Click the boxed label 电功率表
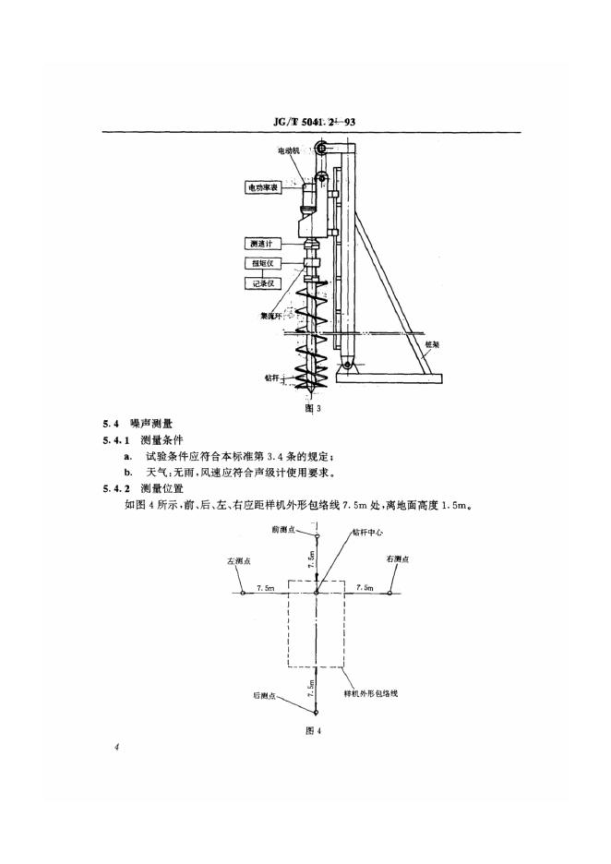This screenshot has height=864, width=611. point(262,187)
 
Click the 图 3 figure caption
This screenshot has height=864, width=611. point(314,407)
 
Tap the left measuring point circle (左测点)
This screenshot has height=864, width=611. point(241,594)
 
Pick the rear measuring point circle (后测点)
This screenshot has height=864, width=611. point(317,714)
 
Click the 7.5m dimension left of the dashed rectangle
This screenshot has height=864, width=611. point(265,587)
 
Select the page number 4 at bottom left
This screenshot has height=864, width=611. point(117,747)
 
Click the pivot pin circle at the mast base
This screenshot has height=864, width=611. point(346,368)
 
